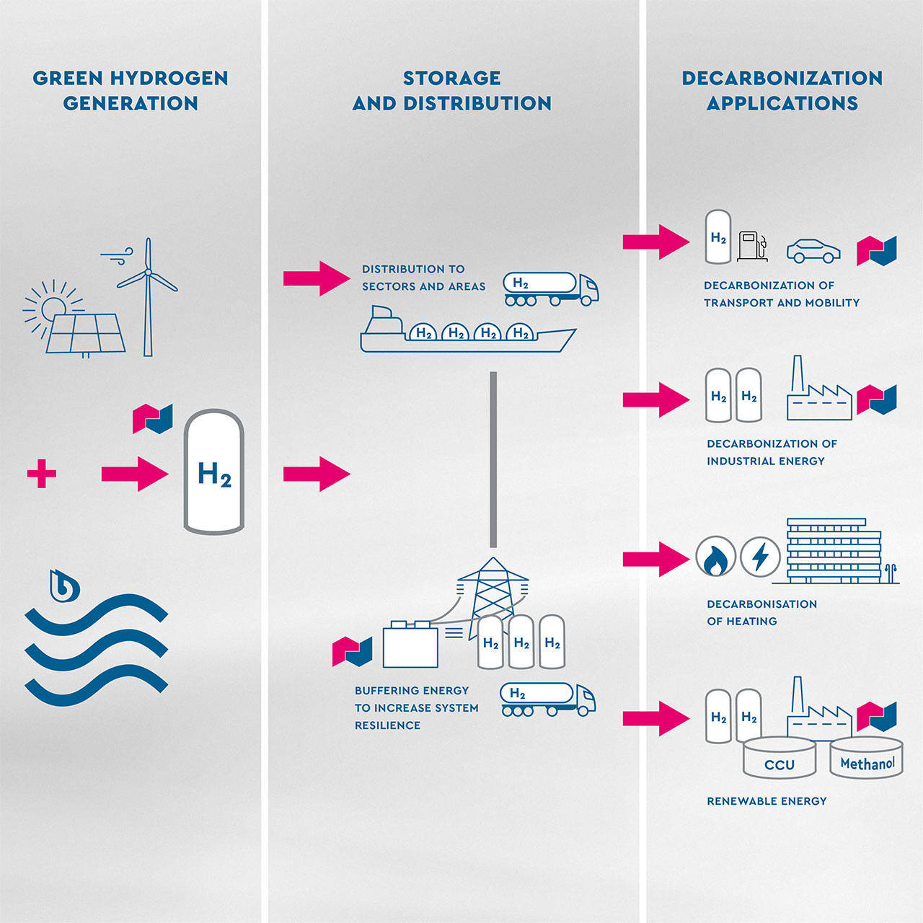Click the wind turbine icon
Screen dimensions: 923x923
pyautogui.click(x=148, y=296)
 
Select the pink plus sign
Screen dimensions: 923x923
pyautogui.click(x=41, y=474)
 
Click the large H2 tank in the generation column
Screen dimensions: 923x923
pyautogui.click(x=214, y=472)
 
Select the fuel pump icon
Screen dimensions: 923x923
pyautogui.click(x=751, y=246)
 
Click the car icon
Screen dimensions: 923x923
pyautogui.click(x=813, y=251)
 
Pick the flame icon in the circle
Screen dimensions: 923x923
pyautogui.click(x=715, y=557)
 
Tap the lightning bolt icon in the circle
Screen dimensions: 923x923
pyautogui.click(x=760, y=557)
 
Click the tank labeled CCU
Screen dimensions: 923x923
pyautogui.click(x=780, y=759)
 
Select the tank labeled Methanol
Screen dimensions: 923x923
pyautogui.click(x=867, y=759)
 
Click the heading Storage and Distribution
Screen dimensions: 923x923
pyautogui.click(x=452, y=90)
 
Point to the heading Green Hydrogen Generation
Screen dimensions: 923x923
pyautogui.click(x=131, y=90)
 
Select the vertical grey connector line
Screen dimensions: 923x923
pyautogui.click(x=493, y=459)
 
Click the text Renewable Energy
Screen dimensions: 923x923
pyautogui.click(x=767, y=801)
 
